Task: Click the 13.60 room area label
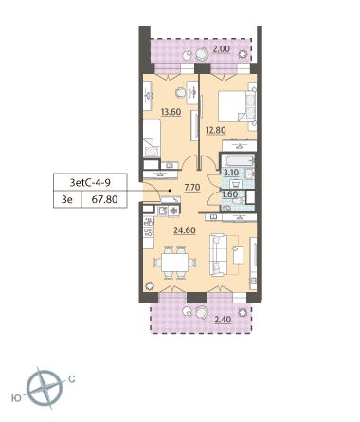(171, 112)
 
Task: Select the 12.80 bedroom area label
(216, 130)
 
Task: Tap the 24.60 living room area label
(185, 230)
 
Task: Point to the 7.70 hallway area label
(192, 188)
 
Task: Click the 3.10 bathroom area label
(231, 173)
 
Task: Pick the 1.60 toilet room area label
(230, 194)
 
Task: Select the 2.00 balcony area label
(222, 49)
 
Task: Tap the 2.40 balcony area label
(223, 320)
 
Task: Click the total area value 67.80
(104, 199)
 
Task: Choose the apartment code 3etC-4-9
(90, 182)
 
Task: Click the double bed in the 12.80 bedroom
(237, 106)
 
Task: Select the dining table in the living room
(174, 263)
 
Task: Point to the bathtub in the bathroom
(239, 161)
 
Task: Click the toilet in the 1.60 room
(239, 201)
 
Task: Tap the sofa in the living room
(218, 255)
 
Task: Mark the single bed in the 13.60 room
(152, 138)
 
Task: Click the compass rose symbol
(45, 388)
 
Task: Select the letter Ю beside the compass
(16, 398)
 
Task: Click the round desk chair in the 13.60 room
(180, 93)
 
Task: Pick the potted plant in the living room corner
(149, 286)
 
